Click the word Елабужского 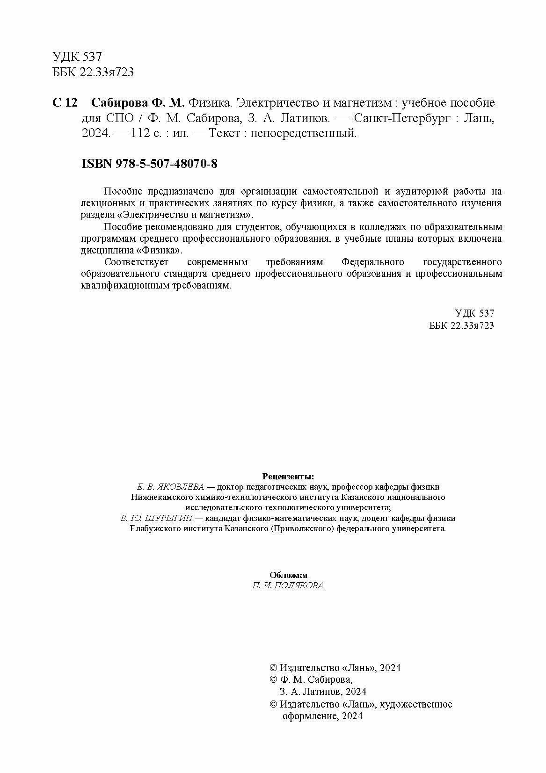click(x=153, y=528)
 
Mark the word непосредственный click(x=304, y=134)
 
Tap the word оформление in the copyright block click(x=308, y=716)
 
